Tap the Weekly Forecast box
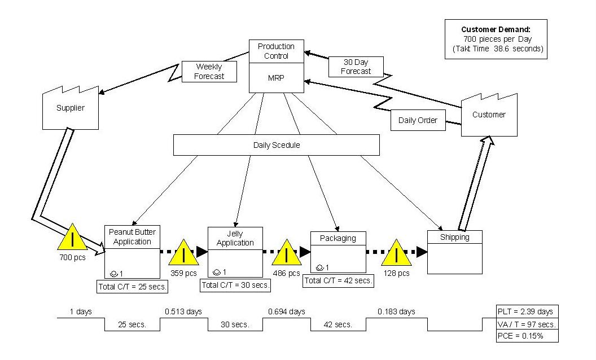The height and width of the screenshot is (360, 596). click(x=209, y=72)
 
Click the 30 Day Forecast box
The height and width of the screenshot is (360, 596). click(x=356, y=67)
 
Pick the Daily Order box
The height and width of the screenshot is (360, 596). click(x=418, y=120)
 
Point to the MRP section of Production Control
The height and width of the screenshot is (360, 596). click(x=277, y=78)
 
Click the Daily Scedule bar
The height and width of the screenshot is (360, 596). click(x=276, y=145)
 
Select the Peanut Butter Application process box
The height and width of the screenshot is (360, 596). click(x=132, y=248)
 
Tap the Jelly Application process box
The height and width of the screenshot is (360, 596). click(x=235, y=251)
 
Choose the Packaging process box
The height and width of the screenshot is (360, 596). click(x=338, y=252)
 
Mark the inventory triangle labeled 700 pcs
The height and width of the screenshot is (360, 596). click(x=72, y=239)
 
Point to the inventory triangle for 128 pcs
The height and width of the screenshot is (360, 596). click(x=396, y=254)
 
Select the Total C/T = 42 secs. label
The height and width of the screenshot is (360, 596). click(x=338, y=280)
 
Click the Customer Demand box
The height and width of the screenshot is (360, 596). click(x=496, y=39)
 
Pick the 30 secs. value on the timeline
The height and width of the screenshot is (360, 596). click(x=235, y=324)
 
